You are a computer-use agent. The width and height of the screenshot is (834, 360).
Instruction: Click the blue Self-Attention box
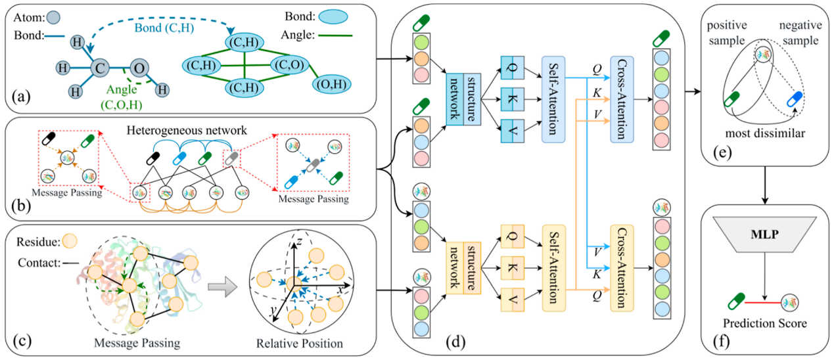(553, 99)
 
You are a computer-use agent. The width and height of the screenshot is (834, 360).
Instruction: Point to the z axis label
(298, 242)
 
